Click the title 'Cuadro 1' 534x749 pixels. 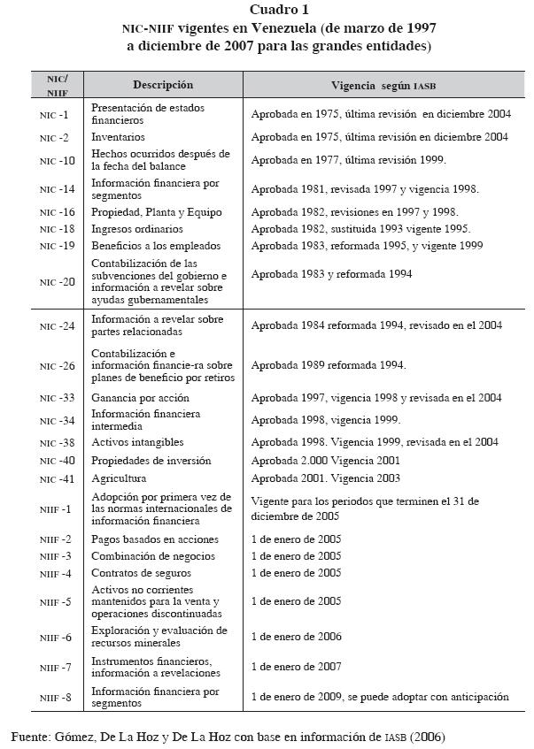pos(280,10)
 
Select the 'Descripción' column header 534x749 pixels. pos(162,85)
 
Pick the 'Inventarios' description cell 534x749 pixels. pos(118,137)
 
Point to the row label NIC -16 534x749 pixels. pos(58,212)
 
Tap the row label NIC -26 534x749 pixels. pos(58,365)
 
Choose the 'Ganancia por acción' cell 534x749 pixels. pos(140,398)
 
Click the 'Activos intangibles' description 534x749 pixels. pos(137,441)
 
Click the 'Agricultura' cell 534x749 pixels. pos(119,478)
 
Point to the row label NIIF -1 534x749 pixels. pos(57,509)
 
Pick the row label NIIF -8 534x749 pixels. pos(57,698)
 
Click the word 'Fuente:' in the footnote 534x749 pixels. pos(31,736)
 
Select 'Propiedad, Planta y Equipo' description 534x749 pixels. pos(156,212)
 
